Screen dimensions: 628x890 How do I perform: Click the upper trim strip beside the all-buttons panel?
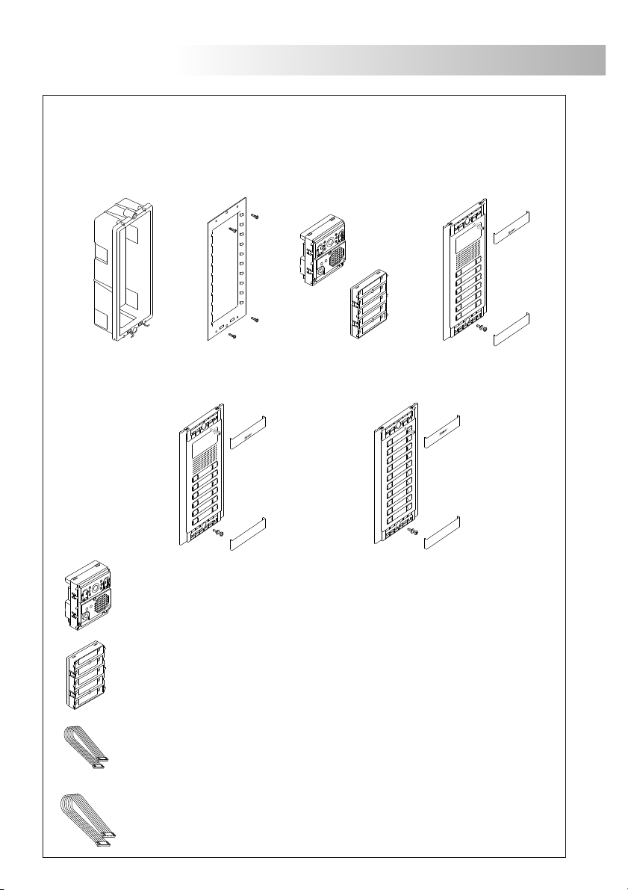pos(442,433)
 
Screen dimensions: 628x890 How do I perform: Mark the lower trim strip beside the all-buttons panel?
pos(442,536)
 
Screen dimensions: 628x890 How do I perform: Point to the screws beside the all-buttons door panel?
pos(415,533)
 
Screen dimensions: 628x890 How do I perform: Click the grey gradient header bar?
pos(396,60)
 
